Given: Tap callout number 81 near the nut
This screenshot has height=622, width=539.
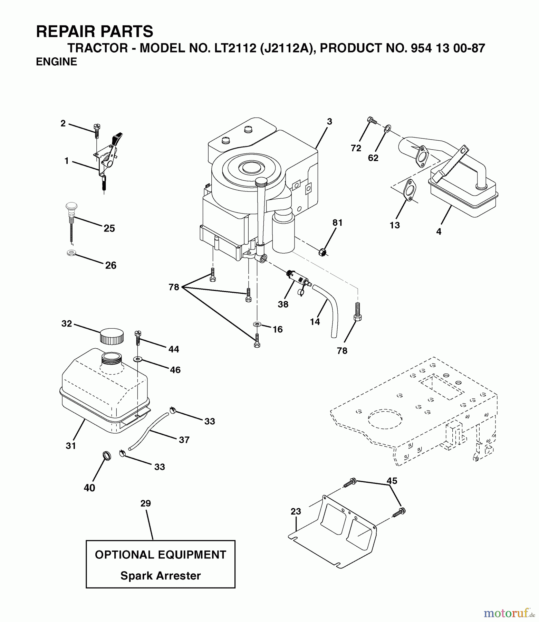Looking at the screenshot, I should pos(337,223).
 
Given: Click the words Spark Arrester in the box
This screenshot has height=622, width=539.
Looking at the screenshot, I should pos(160,576).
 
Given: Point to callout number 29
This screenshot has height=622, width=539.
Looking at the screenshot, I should pos(146,503).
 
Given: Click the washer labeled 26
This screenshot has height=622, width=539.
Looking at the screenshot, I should pos(72,253).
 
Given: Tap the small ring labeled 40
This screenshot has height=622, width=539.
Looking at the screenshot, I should pos(107,456).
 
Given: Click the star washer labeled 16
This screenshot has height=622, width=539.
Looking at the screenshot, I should pos(257,324).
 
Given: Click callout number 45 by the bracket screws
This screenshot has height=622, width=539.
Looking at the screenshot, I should pos(392,481).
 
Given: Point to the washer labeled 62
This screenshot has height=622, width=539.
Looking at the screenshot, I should pos(387,129).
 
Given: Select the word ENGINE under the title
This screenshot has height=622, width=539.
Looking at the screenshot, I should pos(56,62).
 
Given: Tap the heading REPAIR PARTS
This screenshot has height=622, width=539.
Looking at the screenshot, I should pos(94,32).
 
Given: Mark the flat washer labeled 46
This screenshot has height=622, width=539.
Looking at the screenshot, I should pos(138,359).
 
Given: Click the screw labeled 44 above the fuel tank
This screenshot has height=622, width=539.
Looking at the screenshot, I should pos(137,337).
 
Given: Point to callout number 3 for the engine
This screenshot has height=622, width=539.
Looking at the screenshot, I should pos(329,122).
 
